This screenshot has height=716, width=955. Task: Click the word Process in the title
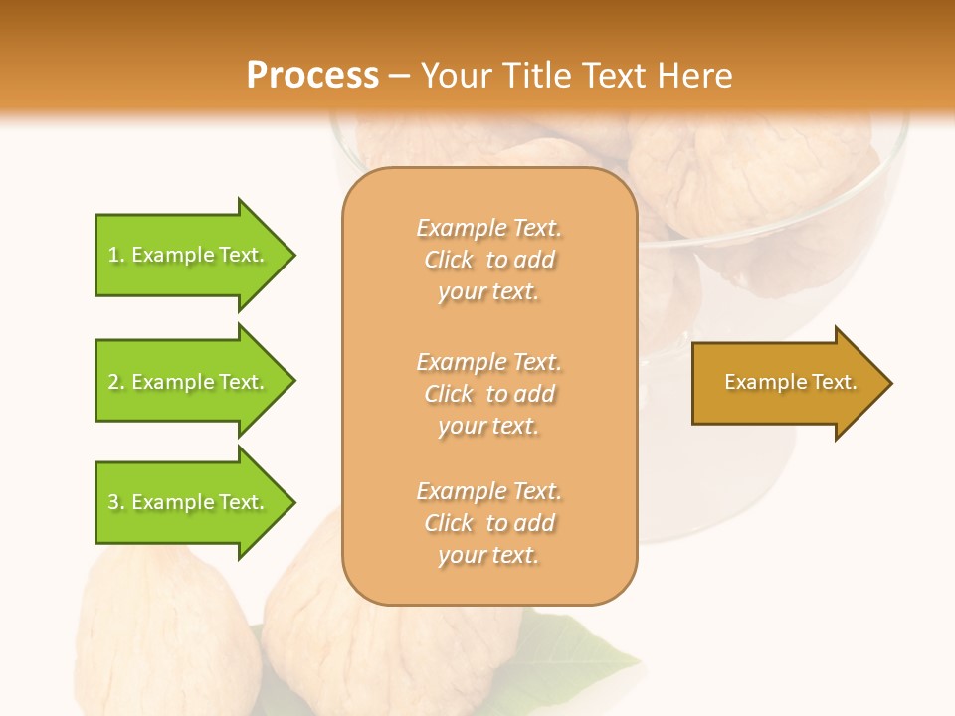tap(312, 76)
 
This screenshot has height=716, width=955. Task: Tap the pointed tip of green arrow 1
tap(292, 255)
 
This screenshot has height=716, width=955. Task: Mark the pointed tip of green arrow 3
tap(292, 502)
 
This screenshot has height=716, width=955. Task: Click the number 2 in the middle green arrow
tap(113, 382)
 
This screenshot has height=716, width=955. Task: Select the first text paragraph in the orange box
tap(488, 260)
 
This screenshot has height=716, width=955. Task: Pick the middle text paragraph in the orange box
tap(488, 394)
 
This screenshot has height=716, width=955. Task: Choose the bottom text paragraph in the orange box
tap(488, 523)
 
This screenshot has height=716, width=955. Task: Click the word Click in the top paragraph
tap(449, 260)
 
